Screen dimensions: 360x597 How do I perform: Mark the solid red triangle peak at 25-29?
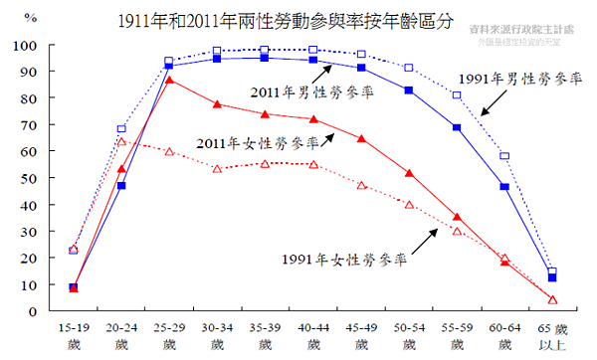(169, 80)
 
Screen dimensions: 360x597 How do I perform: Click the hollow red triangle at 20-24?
(121, 141)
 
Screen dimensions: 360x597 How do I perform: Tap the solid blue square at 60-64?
(504, 187)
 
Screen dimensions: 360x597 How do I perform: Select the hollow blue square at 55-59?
(457, 95)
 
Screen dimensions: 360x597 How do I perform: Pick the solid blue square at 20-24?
(121, 186)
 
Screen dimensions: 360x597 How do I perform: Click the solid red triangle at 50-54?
(409, 173)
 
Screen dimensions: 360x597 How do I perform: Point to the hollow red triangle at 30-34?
(217, 169)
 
